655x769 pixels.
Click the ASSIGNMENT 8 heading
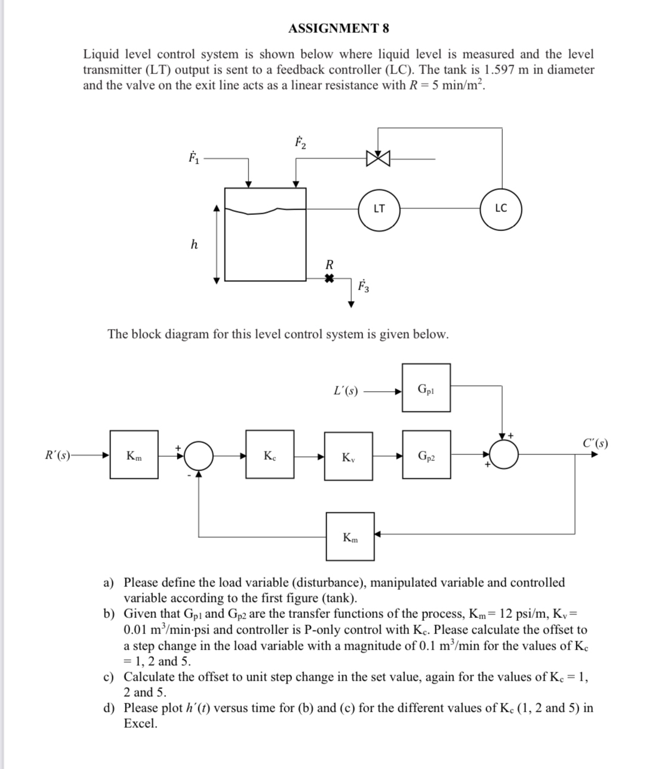pyautogui.click(x=339, y=28)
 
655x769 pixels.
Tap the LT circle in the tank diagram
pyautogui.click(x=379, y=208)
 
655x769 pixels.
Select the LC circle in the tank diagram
pyautogui.click(x=501, y=208)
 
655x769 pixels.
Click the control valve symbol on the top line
pyautogui.click(x=379, y=159)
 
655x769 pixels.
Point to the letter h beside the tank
pyautogui.click(x=193, y=244)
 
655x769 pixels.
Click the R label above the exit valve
pyautogui.click(x=328, y=264)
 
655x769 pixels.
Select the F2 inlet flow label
pyautogui.click(x=300, y=143)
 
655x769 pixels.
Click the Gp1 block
pyautogui.click(x=426, y=388)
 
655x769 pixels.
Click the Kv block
pyautogui.click(x=349, y=457)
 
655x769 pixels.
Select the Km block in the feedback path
pyautogui.click(x=350, y=536)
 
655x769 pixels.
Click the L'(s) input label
pyautogui.click(x=346, y=392)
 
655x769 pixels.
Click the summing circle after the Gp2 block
pyautogui.click(x=507, y=456)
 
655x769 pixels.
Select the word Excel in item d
pyautogui.click(x=140, y=724)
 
